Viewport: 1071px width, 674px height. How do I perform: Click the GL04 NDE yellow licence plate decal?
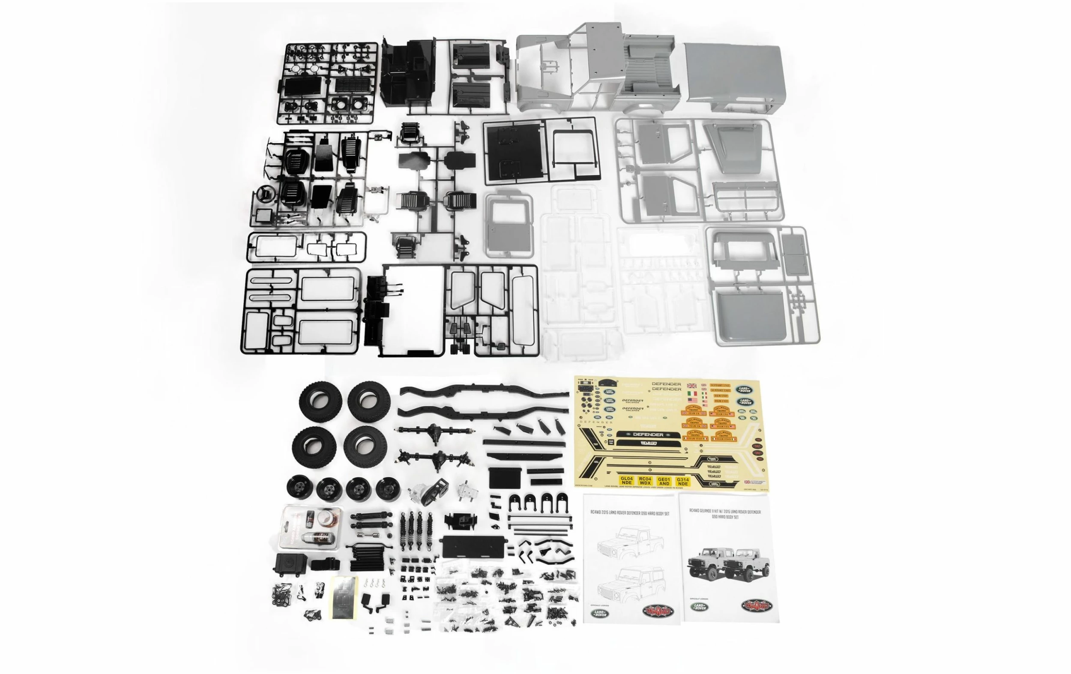tap(626, 481)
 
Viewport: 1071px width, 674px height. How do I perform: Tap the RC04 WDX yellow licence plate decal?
tap(645, 481)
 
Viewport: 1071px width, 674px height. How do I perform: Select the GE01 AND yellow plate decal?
tap(664, 481)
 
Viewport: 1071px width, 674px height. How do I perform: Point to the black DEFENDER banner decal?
tap(648, 434)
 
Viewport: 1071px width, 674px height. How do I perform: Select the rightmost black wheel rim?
tap(387, 488)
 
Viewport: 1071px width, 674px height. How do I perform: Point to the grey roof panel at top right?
tap(732, 73)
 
